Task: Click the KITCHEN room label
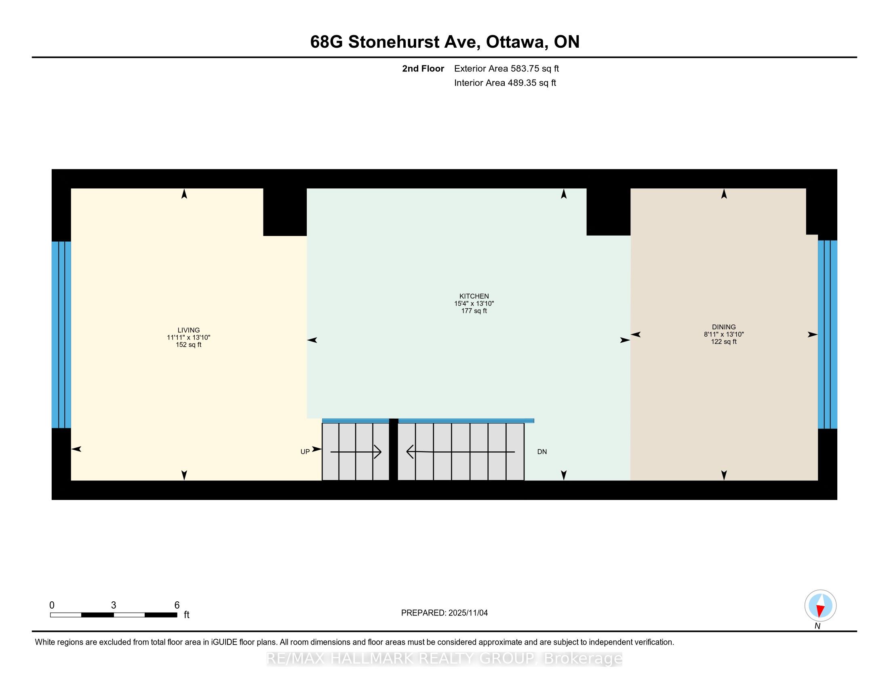pyautogui.click(x=474, y=296)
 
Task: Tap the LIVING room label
pyautogui.click(x=188, y=330)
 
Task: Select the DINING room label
pyautogui.click(x=724, y=327)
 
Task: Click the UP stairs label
pyautogui.click(x=305, y=452)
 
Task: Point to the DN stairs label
pyautogui.click(x=542, y=452)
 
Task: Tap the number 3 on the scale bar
pyautogui.click(x=114, y=605)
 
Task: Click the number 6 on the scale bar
pyautogui.click(x=177, y=605)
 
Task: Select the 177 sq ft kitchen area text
pyautogui.click(x=474, y=311)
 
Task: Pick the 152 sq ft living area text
pyautogui.click(x=188, y=345)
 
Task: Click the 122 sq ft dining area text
pyautogui.click(x=724, y=341)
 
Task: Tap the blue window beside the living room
pyautogui.click(x=61, y=335)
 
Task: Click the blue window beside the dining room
pyautogui.click(x=828, y=335)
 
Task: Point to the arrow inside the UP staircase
pyautogui.click(x=356, y=452)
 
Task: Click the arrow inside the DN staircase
pyautogui.click(x=461, y=452)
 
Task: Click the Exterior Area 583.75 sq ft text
pyautogui.click(x=506, y=68)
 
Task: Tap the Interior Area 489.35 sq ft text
pyautogui.click(x=505, y=82)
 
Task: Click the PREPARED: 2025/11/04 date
pyautogui.click(x=444, y=613)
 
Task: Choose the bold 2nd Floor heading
pyautogui.click(x=423, y=68)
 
